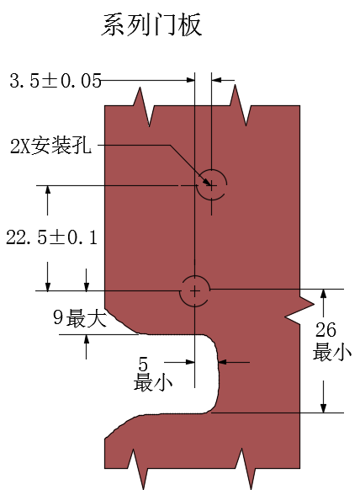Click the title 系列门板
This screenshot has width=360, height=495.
coord(151,25)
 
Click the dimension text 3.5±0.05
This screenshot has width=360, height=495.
coord(56,81)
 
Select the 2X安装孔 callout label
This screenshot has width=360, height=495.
coord(50,146)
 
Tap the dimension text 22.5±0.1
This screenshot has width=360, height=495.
coord(52,237)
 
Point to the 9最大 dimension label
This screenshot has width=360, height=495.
coord(80,318)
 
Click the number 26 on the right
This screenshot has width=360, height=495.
coord(326,330)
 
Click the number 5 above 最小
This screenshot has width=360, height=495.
coord(143,365)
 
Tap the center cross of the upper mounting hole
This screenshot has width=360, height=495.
coord(211,185)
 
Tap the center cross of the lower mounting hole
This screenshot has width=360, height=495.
coord(194,290)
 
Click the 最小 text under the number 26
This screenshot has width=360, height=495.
coord(332,352)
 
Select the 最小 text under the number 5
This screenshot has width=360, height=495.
coord(153,382)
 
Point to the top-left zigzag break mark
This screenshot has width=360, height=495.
coord(144,107)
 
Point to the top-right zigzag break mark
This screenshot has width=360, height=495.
coord(241,105)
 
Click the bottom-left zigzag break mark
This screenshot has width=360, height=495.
coord(138,468)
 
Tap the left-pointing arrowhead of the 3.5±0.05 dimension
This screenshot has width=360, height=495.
coord(217,80)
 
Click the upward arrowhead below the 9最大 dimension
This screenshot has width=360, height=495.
coord(86,340)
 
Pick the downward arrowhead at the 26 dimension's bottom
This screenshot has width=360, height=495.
coord(323,407)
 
